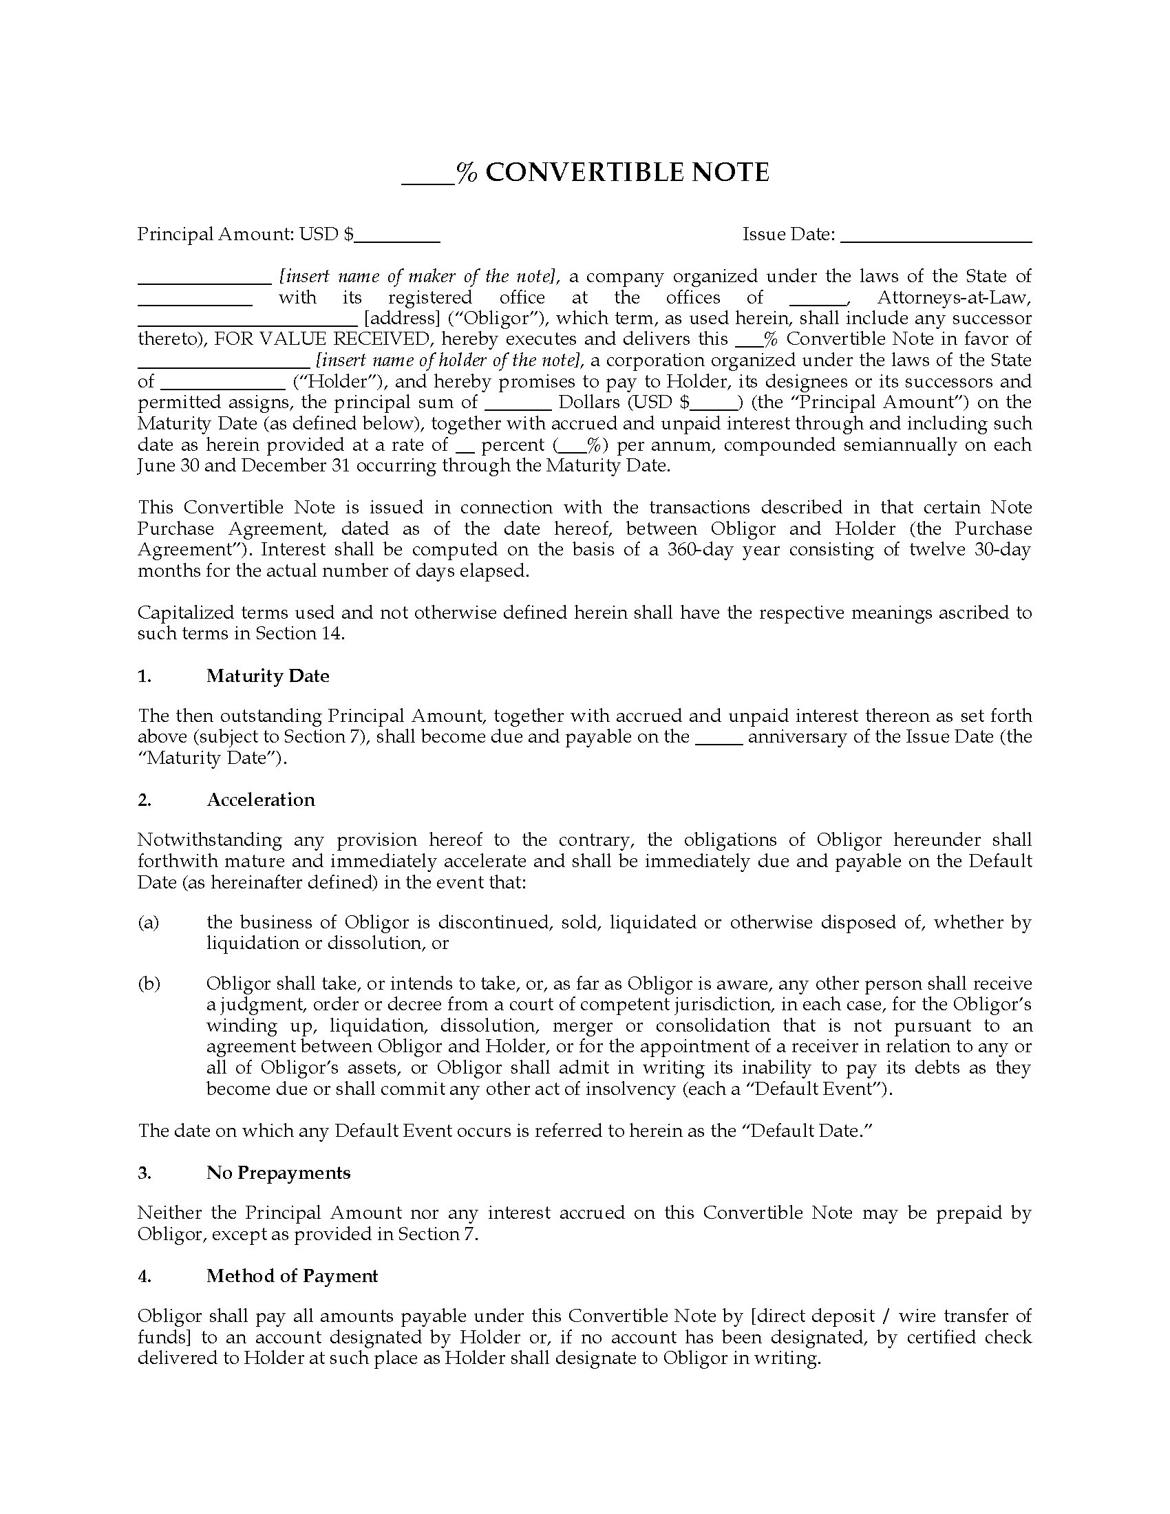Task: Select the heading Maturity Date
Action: (x=268, y=676)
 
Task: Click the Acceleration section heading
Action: (x=261, y=799)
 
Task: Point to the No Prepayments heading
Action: (x=278, y=1172)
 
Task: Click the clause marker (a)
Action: (x=149, y=922)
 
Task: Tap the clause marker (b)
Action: (x=149, y=983)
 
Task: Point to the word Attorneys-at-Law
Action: (x=954, y=297)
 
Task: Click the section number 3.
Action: (x=144, y=1172)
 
